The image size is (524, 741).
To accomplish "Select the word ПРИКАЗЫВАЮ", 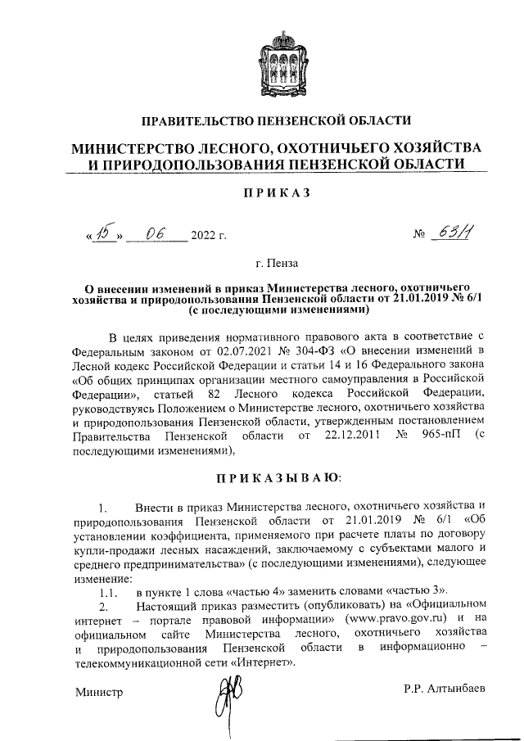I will (278, 477).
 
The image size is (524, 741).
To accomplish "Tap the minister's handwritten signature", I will (225, 698).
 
